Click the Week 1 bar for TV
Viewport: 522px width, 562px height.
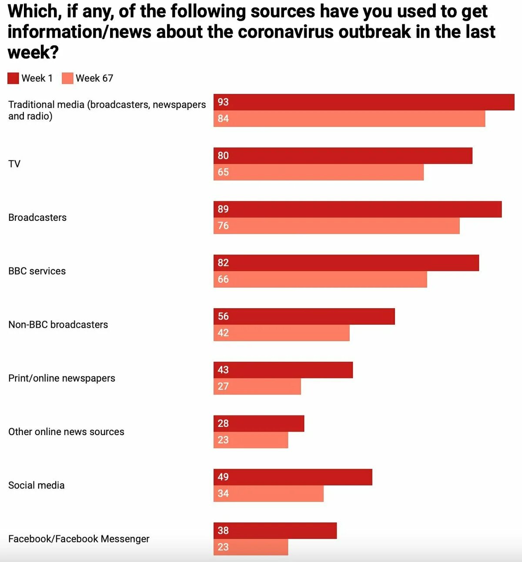coord(343,156)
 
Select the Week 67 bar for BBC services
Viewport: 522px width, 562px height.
coord(320,279)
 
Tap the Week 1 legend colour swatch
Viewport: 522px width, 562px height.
coord(13,78)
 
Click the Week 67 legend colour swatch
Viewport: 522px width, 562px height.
coord(67,78)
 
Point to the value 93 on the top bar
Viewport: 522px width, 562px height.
coord(223,102)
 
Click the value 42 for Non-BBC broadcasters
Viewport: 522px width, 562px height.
coord(223,333)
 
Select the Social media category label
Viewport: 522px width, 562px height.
coord(37,486)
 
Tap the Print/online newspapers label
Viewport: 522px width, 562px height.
coord(62,378)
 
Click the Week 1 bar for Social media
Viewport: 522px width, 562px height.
coord(293,477)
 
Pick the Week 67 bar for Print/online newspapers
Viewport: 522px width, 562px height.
coord(257,386)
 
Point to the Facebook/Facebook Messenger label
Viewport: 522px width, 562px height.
coord(79,539)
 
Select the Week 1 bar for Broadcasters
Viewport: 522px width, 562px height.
coord(358,209)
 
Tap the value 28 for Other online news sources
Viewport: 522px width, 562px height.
coord(223,423)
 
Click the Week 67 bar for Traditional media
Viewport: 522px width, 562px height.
coord(349,119)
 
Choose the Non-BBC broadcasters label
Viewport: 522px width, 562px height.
coord(58,325)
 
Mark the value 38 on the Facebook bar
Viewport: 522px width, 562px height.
coord(223,531)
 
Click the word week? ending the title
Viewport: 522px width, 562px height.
coord(33,53)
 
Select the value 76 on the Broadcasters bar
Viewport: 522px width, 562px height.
coord(223,226)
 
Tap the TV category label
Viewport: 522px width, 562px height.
coord(14,164)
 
